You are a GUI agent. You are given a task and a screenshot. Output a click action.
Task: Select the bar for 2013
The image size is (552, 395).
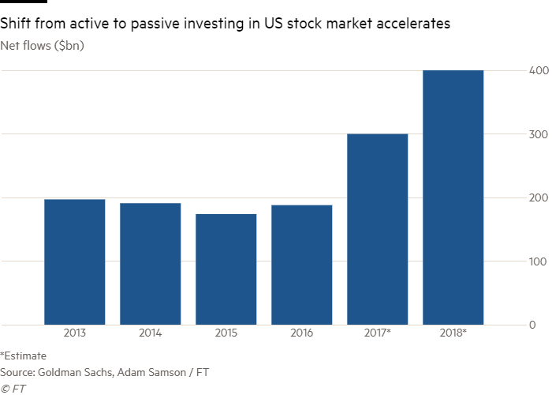click(x=75, y=261)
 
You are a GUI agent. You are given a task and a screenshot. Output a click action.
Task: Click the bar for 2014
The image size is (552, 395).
click(x=151, y=264)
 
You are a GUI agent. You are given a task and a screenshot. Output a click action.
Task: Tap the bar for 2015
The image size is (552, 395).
click(x=226, y=269)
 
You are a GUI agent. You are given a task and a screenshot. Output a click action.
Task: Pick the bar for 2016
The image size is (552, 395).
click(x=302, y=265)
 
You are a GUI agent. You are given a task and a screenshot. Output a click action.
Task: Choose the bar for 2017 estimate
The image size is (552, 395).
click(x=378, y=229)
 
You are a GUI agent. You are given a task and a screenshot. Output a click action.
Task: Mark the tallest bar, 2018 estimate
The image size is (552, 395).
click(x=453, y=197)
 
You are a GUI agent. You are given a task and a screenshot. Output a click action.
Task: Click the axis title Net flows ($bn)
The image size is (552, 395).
click(x=43, y=45)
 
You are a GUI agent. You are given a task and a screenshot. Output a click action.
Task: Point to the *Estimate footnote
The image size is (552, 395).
click(x=24, y=355)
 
